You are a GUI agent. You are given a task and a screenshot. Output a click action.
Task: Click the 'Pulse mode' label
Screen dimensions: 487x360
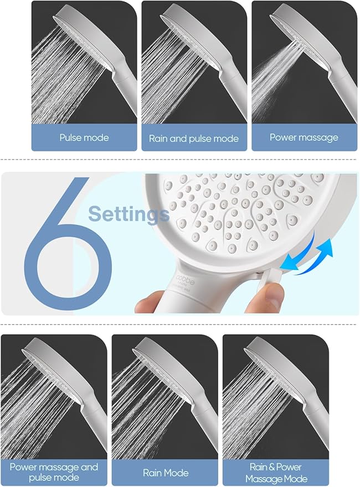84,137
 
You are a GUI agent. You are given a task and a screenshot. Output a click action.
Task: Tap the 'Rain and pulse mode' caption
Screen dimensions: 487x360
194,139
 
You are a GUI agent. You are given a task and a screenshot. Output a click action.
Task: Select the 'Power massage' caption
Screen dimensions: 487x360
304,137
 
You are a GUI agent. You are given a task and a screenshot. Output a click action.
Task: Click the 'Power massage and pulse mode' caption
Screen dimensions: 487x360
54,472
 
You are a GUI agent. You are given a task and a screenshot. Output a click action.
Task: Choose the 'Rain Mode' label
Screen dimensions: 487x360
165,473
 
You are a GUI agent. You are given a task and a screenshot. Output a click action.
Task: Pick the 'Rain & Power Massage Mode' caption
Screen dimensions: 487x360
275,472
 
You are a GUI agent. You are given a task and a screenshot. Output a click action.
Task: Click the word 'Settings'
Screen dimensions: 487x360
128,214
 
